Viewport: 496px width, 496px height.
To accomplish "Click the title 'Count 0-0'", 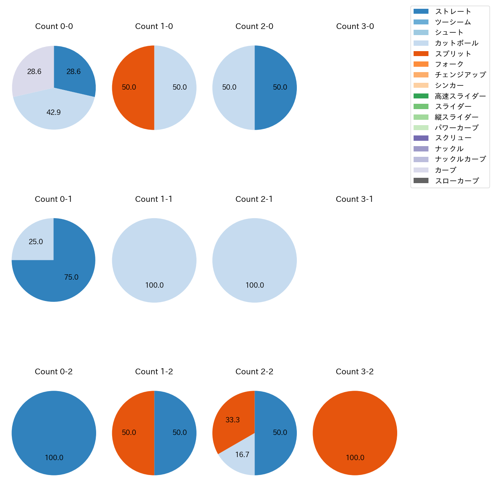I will coord(54,26).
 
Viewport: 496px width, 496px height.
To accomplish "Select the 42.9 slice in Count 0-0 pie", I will coord(53,111).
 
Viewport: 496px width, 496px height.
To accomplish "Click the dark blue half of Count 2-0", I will coord(277,87).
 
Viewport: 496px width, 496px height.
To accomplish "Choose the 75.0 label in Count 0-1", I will coord(71,277).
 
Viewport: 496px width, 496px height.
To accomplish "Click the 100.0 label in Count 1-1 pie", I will coord(154,285).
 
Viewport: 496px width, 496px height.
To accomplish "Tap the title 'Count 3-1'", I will coord(354,199).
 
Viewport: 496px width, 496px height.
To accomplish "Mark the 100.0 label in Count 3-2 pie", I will coord(355,458).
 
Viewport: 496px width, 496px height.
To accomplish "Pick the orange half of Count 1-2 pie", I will coord(132,433).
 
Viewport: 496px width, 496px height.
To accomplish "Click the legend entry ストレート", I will coord(453,11).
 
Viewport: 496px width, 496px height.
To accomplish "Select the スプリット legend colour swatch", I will coord(421,54).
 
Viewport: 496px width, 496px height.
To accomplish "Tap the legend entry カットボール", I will coord(456,43).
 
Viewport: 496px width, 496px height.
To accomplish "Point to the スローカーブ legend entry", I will coord(456,181).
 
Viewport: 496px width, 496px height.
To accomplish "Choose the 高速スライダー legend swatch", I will coord(421,96).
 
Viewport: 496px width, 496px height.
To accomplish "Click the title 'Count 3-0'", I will coord(355,26).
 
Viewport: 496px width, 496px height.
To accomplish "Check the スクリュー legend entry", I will coord(453,138).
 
